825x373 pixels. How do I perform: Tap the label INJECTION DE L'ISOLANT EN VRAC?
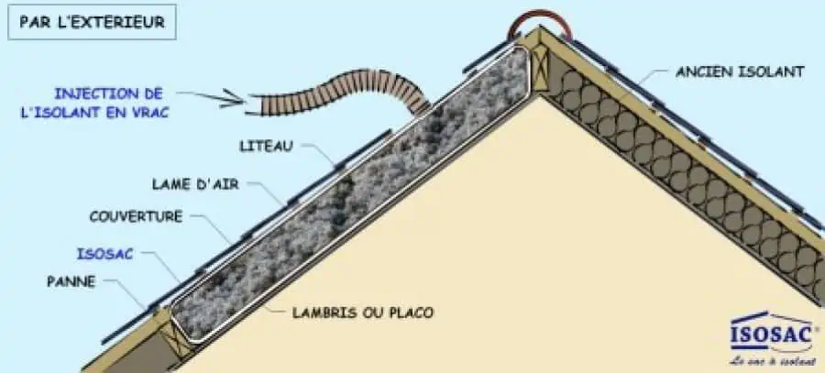(107, 103)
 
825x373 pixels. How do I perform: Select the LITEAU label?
(262, 145)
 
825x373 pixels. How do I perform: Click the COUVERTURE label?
(137, 217)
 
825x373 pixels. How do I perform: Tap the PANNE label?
(71, 281)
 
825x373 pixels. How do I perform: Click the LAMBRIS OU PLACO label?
(363, 313)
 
